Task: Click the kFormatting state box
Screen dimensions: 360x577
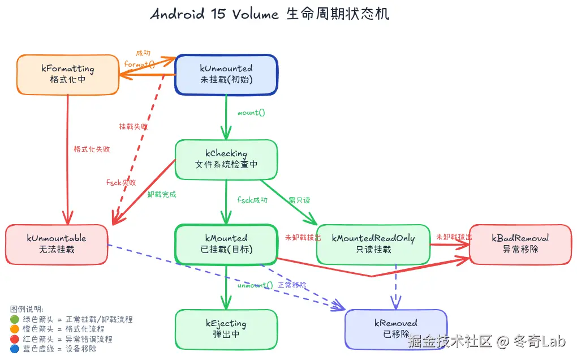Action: pyautogui.click(x=68, y=74)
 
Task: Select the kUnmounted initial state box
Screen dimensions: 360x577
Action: pyautogui.click(x=226, y=74)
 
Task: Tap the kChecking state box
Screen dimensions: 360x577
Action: pyautogui.click(x=226, y=159)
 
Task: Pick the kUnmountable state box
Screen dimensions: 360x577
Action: pyautogui.click(x=57, y=244)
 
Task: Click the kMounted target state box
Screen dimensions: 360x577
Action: pyautogui.click(x=226, y=244)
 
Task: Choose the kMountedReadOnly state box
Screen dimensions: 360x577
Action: pyautogui.click(x=373, y=244)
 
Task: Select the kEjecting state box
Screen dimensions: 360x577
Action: pyautogui.click(x=226, y=329)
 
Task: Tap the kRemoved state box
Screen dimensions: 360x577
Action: pyautogui.click(x=396, y=329)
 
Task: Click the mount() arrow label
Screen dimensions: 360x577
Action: pyautogui.click(x=251, y=113)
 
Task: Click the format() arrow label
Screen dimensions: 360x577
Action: pyautogui.click(x=140, y=65)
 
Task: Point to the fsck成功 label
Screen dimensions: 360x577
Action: pyautogui.click(x=252, y=200)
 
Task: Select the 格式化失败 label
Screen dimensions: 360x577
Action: pyautogui.click(x=92, y=149)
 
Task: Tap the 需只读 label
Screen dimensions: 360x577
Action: pyautogui.click(x=299, y=200)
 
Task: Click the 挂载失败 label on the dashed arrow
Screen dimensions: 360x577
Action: pyautogui.click(x=134, y=126)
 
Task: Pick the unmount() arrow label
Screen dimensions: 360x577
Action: pyautogui.click(x=255, y=285)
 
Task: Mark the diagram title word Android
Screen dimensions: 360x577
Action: pyautogui.click(x=177, y=14)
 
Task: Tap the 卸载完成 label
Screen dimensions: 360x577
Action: pyautogui.click(x=162, y=195)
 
